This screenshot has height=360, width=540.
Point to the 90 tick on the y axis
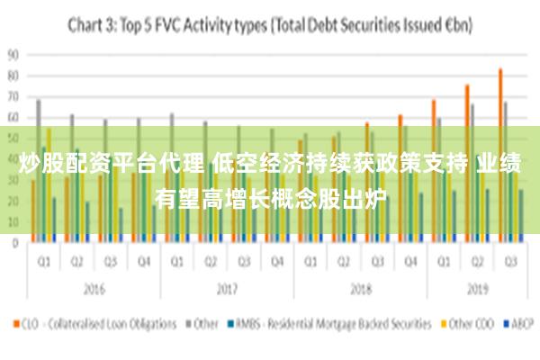[x=13, y=54]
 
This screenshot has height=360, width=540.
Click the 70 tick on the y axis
[x=13, y=96]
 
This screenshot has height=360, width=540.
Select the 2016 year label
[x=93, y=290]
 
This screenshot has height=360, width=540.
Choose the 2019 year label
[x=477, y=290]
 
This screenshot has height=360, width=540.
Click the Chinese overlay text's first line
[x=270, y=164]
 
